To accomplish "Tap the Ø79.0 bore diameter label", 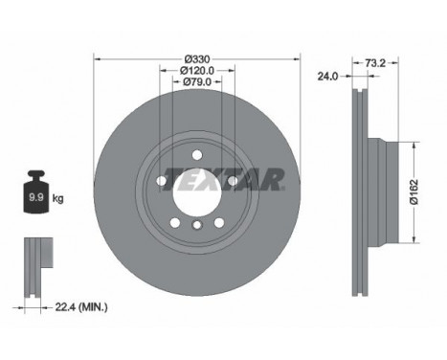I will [x=195, y=82].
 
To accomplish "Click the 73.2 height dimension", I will [x=375, y=62].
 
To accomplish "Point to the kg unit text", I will [x=58, y=199].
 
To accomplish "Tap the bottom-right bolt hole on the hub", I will [x=218, y=222].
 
